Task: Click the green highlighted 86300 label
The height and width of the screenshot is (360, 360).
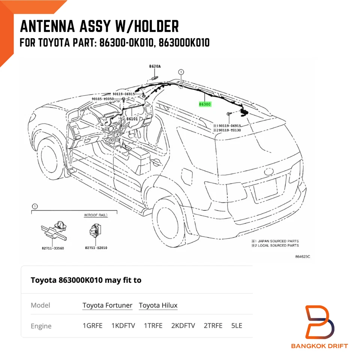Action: [205, 104]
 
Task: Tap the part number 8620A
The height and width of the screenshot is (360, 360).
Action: [154, 66]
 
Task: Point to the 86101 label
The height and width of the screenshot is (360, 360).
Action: [132, 118]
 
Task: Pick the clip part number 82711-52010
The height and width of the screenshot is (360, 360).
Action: [96, 247]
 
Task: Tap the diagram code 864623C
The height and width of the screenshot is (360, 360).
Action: [303, 256]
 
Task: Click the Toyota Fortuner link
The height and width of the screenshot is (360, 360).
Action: [107, 305]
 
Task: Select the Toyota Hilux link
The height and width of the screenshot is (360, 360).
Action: [158, 305]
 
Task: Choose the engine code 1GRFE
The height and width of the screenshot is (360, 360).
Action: [92, 325]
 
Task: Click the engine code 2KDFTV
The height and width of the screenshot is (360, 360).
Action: [183, 325]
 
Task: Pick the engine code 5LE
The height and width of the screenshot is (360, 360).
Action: [237, 325]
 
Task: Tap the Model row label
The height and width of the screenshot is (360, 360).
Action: [40, 305]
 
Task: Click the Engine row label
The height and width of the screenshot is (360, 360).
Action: [41, 326]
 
